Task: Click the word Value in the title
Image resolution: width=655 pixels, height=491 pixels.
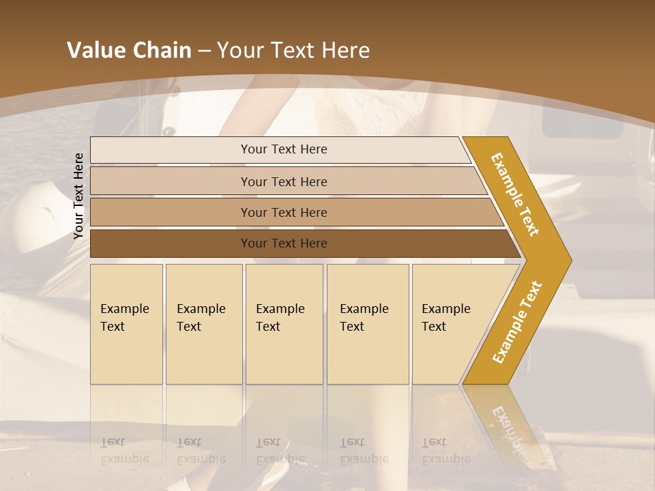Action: coord(94,50)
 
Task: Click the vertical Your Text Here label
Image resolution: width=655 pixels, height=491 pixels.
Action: coord(78,196)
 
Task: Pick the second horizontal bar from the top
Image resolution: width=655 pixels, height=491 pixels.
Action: coord(283,181)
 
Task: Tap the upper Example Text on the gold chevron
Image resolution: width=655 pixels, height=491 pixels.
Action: coord(515,194)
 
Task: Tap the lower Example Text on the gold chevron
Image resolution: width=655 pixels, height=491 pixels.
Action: coord(517,323)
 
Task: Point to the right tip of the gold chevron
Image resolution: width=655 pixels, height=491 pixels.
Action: coord(570,260)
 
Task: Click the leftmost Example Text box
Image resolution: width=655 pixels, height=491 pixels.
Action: coord(126,324)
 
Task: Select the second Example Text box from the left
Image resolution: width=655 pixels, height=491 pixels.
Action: coord(203,324)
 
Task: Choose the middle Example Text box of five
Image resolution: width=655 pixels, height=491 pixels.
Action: coord(284,324)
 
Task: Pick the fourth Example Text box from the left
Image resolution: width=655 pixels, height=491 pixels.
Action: coord(368,324)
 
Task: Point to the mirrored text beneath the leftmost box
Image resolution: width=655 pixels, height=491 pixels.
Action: coord(124,451)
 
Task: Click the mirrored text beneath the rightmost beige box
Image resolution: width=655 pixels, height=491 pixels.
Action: coord(446,451)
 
